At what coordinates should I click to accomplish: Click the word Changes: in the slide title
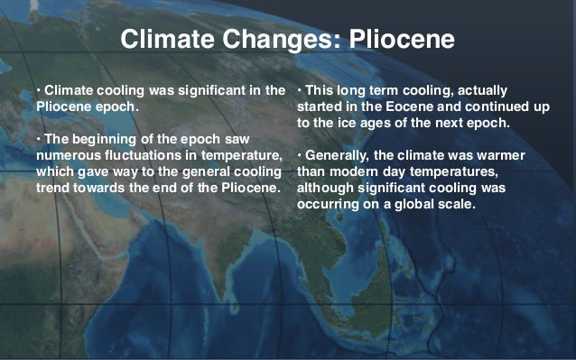coord(281,41)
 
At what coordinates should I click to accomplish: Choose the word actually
coord(479,90)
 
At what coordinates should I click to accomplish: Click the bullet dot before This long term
coord(299,91)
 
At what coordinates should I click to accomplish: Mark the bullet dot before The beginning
coord(39,141)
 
